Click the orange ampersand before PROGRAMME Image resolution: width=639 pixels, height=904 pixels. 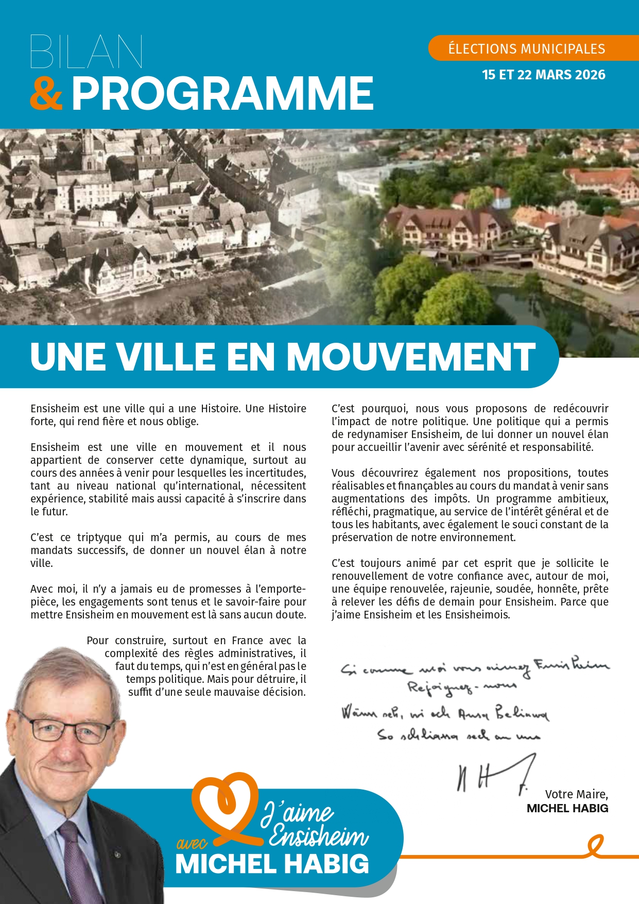click(46, 93)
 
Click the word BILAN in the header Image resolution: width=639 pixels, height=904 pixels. click(87, 52)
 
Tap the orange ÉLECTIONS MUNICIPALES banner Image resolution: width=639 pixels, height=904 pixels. click(527, 48)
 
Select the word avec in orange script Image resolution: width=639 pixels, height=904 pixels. click(192, 843)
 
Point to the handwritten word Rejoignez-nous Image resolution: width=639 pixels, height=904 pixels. click(462, 688)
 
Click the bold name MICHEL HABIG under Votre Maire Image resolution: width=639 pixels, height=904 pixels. click(567, 808)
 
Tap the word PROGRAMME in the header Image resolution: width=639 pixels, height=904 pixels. click(222, 93)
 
